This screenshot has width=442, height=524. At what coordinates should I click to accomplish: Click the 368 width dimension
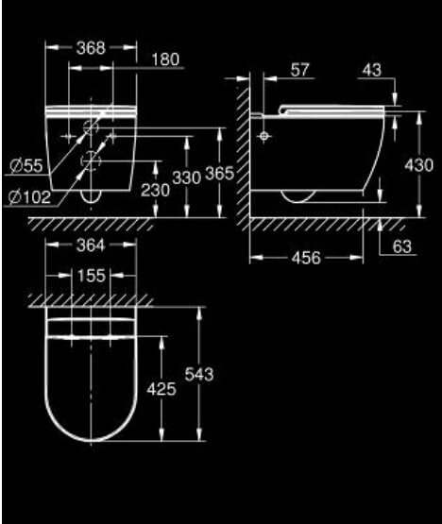tap(91, 48)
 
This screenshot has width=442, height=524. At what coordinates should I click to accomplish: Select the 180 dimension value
tap(165, 59)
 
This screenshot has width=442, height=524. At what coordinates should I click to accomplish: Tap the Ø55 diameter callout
tap(26, 165)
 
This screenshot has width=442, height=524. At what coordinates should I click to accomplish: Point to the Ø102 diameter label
tap(30, 197)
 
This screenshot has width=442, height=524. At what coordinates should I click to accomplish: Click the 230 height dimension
tap(155, 191)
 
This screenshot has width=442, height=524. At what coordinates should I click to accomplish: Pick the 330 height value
tap(187, 177)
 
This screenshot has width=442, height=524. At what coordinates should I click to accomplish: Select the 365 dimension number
tap(219, 174)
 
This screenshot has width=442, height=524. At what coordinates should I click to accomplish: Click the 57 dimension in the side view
tap(299, 70)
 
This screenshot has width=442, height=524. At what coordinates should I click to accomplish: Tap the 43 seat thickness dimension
tap(372, 70)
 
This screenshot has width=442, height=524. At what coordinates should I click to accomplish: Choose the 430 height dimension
tap(419, 165)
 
